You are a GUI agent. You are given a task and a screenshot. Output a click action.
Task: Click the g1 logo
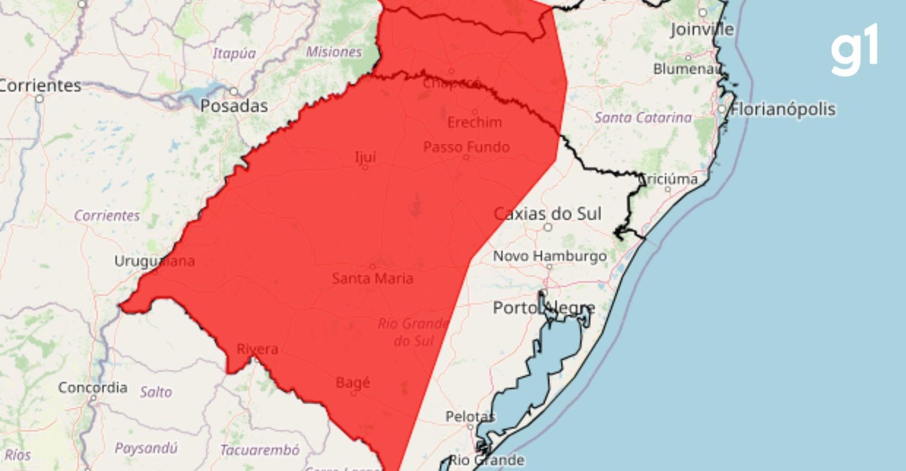click(x=854, y=50)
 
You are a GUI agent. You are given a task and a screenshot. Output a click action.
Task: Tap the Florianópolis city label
click(x=783, y=109)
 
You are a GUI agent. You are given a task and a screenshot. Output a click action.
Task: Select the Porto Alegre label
click(x=543, y=308)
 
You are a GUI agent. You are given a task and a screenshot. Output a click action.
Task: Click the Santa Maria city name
click(x=372, y=278)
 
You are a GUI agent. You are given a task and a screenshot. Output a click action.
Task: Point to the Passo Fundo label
click(x=466, y=147)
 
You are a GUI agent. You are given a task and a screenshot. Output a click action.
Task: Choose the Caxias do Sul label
click(x=547, y=214)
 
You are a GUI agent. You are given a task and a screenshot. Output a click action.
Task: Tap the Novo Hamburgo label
click(x=549, y=256)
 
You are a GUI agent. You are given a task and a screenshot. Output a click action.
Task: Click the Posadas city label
click(x=234, y=106)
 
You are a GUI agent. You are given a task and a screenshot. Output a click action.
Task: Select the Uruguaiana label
click(x=154, y=261)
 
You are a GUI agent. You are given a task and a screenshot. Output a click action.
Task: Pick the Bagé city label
click(x=352, y=383)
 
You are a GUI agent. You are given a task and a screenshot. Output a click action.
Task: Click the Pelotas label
click(x=469, y=417)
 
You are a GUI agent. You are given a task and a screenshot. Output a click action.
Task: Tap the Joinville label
click(x=702, y=29)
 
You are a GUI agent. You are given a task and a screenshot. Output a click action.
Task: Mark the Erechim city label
click(x=474, y=122)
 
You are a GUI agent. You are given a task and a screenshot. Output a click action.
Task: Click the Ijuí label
click(x=365, y=156)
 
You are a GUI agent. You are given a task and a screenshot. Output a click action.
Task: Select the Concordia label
click(x=92, y=388)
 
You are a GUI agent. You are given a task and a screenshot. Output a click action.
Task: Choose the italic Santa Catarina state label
click(x=643, y=118)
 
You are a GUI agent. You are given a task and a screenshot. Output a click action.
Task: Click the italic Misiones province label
click(x=334, y=52)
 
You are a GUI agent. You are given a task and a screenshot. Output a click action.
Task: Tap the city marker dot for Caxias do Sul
click(x=548, y=227)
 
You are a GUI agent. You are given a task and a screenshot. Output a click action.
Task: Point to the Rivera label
click(x=257, y=349)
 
